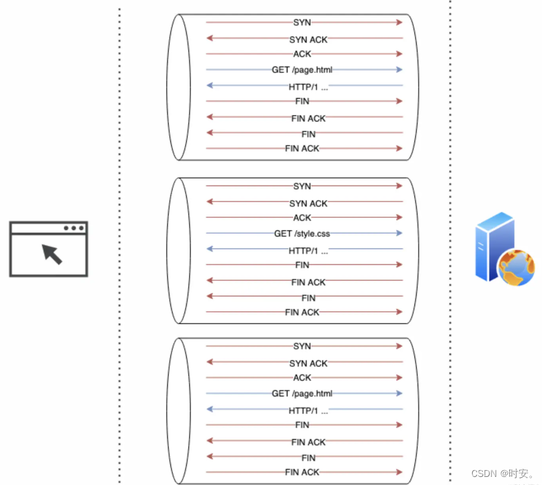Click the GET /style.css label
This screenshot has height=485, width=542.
point(302,233)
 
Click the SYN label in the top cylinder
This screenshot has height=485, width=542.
point(302,23)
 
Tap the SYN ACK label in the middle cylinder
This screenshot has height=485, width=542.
point(308,203)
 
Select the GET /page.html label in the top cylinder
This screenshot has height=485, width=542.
point(302,69)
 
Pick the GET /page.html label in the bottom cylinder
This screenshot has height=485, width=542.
point(302,394)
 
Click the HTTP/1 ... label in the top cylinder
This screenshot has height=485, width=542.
point(308,87)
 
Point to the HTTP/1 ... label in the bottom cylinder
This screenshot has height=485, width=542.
point(308,411)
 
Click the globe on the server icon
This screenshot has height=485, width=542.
point(516,266)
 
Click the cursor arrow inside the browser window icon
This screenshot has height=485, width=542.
point(52,254)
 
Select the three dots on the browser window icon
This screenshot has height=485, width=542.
point(74,228)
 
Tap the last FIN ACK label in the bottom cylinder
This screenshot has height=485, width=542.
point(302,472)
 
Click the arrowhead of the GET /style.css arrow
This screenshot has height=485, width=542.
point(400,233)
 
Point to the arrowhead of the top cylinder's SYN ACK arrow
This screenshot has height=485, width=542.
point(208,39)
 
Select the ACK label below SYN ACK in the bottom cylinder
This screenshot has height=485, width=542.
point(302,378)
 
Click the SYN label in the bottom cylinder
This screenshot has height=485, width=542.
point(302,346)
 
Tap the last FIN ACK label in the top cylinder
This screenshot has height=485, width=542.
point(302,148)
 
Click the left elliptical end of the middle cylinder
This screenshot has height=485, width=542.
point(176,250)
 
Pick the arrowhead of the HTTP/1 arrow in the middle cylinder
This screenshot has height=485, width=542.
point(208,250)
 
